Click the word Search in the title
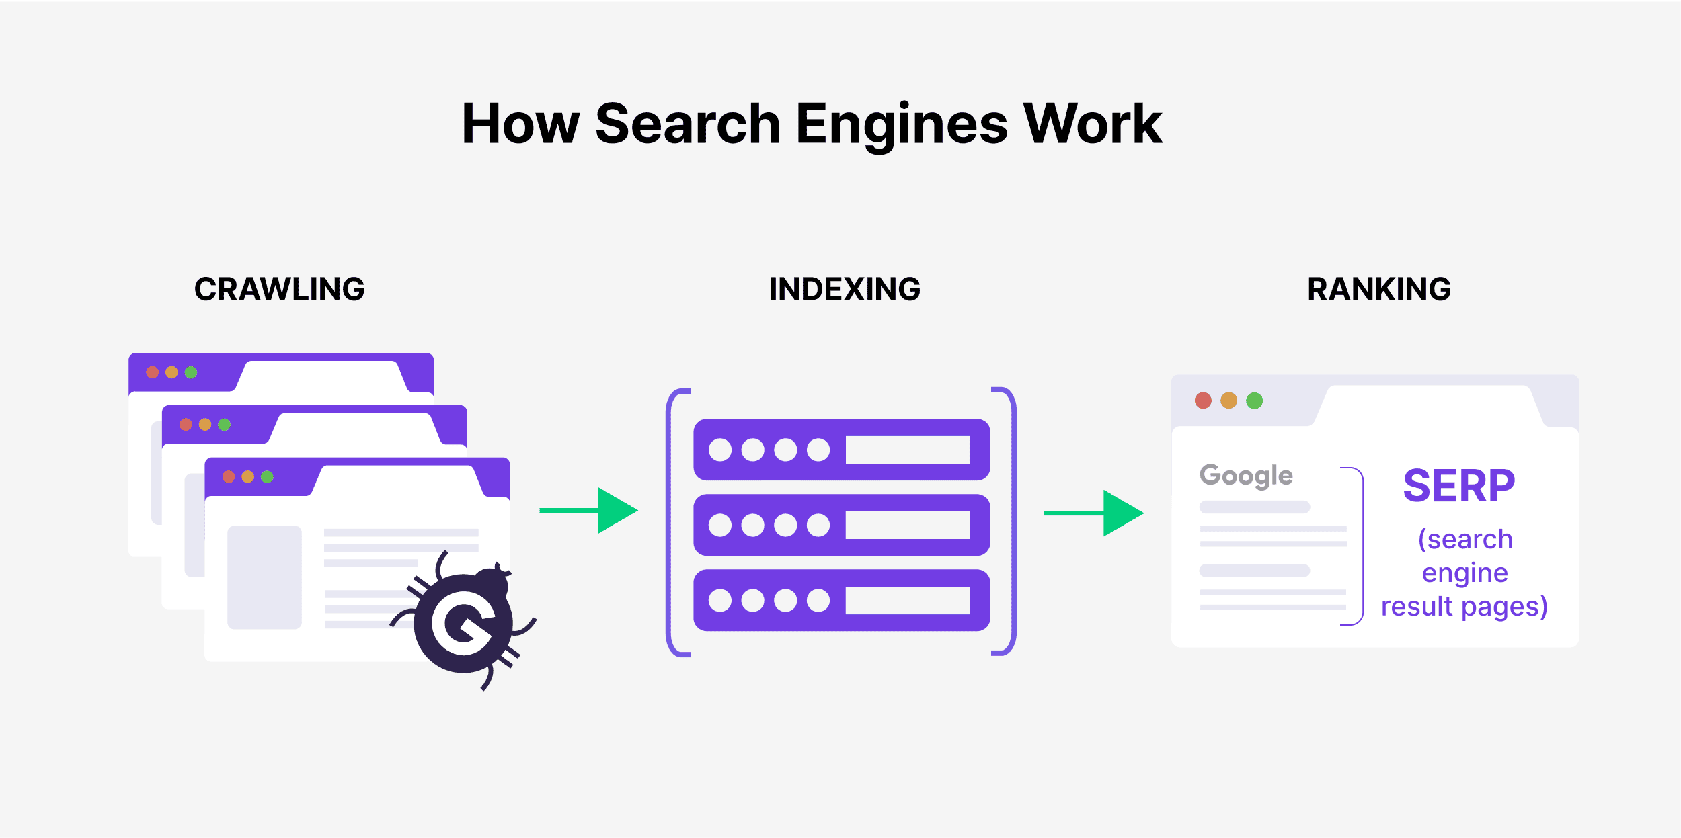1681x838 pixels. click(x=687, y=124)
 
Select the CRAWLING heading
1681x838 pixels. click(x=279, y=290)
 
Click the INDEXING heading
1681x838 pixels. click(x=845, y=290)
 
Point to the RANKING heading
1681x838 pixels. click(x=1379, y=290)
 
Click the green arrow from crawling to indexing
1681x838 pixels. click(x=590, y=511)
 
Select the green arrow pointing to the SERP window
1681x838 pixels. click(x=1094, y=513)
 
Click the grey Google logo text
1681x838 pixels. click(x=1246, y=476)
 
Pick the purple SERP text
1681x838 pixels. click(x=1458, y=486)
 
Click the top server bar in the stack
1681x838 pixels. click(x=841, y=450)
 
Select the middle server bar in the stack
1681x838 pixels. click(x=841, y=525)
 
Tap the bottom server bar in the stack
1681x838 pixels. click(x=841, y=600)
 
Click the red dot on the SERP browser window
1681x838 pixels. click(x=1203, y=401)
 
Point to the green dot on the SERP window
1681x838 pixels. click(x=1254, y=401)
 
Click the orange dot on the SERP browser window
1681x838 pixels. click(x=1228, y=401)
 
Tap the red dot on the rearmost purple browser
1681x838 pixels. click(x=153, y=372)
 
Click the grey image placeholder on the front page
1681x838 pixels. click(x=264, y=577)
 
